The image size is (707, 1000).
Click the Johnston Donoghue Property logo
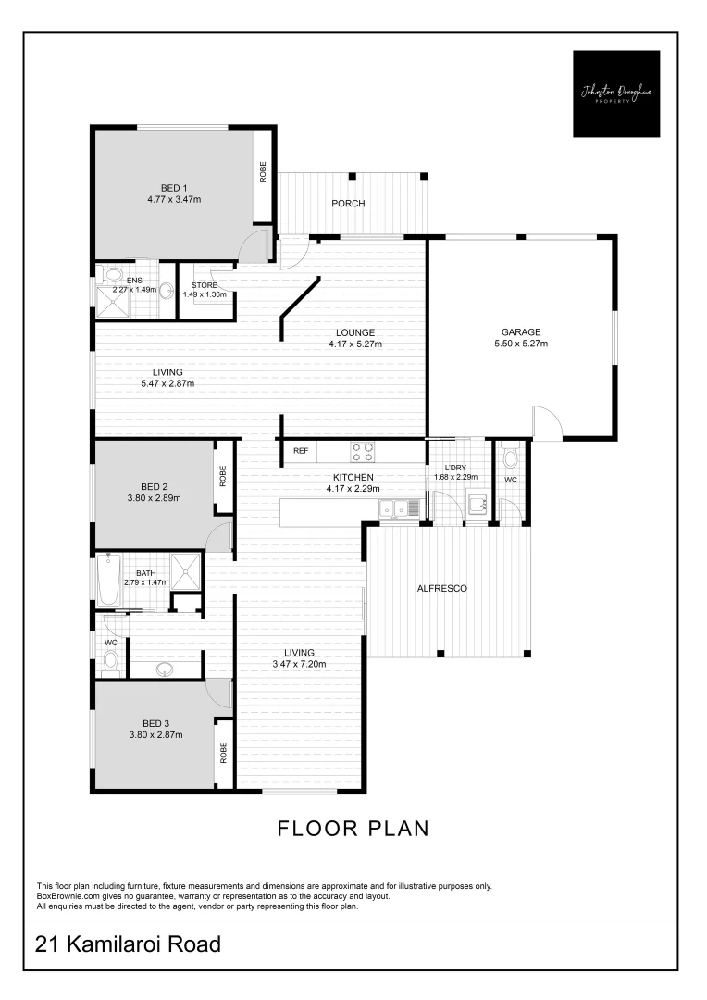click(x=616, y=94)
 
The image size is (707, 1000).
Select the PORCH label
click(x=348, y=204)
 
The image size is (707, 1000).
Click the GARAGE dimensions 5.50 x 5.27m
click(x=521, y=344)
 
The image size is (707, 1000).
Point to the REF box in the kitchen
click(x=300, y=451)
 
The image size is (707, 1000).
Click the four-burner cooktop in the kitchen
click(x=362, y=451)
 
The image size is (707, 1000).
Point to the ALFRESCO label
click(x=441, y=588)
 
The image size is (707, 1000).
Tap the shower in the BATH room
click(x=187, y=570)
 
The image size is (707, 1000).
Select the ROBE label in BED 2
click(x=223, y=475)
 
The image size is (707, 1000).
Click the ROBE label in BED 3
click(x=223, y=752)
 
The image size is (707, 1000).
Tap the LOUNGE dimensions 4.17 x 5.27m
click(x=354, y=344)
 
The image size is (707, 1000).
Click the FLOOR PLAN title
click(x=353, y=828)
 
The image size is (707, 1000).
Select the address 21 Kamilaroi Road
click(x=129, y=944)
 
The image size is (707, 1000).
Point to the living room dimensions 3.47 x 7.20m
click(x=299, y=663)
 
